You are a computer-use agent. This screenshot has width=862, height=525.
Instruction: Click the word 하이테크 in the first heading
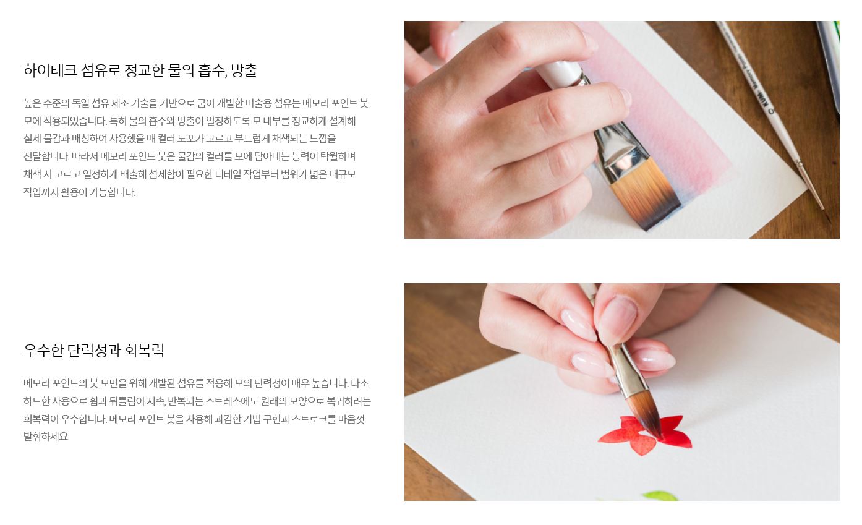(50, 70)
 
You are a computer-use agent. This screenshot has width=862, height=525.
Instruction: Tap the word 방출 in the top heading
(244, 70)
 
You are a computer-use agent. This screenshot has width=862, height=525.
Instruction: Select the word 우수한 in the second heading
(43, 350)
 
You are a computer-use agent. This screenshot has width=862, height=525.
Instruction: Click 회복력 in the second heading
(144, 350)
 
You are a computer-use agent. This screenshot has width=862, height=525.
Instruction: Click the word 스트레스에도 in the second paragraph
(232, 401)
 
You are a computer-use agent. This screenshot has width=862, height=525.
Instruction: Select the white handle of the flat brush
(559, 72)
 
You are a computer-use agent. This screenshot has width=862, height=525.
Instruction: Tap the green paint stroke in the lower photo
(660, 496)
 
